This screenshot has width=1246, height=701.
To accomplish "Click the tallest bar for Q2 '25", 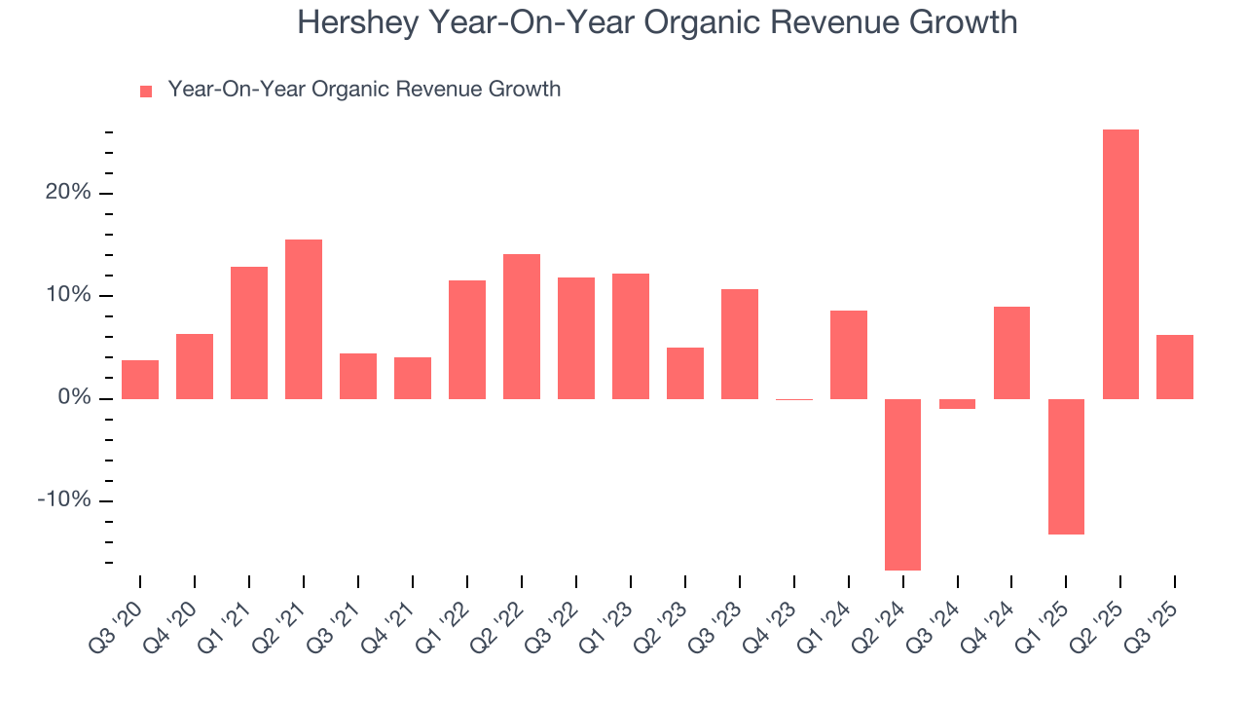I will [1120, 264].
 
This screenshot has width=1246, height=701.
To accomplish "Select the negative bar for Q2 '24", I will [902, 484].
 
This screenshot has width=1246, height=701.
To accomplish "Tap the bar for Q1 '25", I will [1066, 466].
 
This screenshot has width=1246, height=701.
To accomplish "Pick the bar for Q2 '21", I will [304, 319].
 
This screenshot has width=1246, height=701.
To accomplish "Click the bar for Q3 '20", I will [140, 380].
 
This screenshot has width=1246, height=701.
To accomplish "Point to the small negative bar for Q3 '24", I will [957, 404].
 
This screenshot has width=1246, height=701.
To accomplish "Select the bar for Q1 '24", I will [848, 354].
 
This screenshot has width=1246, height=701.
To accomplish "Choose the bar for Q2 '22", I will [522, 326].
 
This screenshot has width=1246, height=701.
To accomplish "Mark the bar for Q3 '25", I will [1175, 367].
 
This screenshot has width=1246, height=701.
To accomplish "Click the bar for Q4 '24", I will [1011, 352].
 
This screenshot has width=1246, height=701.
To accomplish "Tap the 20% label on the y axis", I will [67, 193].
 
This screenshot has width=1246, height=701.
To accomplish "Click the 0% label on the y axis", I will [73, 398].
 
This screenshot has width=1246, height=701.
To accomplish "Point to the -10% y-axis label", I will [64, 500].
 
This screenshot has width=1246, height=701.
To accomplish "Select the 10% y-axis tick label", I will [67, 296].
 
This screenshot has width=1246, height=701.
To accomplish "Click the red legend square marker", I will [146, 92].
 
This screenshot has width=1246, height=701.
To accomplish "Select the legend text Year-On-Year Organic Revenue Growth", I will [364, 90].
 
